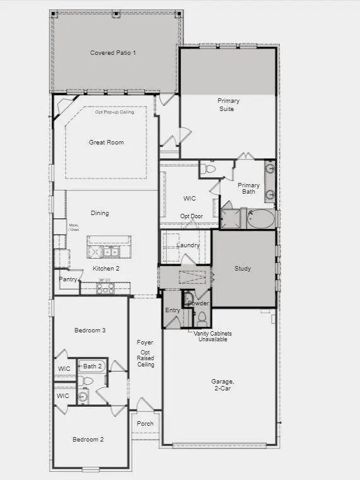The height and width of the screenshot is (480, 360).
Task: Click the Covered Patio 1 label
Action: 113,52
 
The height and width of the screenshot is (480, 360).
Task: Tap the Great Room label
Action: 106,143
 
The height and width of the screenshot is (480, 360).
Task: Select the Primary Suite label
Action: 228,105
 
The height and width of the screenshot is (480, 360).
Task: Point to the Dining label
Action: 100,213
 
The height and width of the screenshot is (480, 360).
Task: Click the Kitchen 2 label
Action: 106,268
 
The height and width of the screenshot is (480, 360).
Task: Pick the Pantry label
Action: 68,279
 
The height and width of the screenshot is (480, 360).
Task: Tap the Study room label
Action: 243,269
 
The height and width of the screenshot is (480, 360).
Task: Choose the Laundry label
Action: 188,245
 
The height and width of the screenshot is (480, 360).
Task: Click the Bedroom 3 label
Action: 90,331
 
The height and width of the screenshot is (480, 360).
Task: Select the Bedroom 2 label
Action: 88,440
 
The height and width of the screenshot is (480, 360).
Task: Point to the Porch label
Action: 145,424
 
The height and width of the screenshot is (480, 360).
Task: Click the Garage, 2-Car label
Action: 223,385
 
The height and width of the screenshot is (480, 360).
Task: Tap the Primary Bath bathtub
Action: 260,219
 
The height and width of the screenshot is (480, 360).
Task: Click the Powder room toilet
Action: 202,317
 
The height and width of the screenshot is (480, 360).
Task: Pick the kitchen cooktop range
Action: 105,288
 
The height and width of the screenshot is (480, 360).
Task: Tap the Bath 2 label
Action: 92,366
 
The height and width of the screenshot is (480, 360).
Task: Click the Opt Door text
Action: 191,216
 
